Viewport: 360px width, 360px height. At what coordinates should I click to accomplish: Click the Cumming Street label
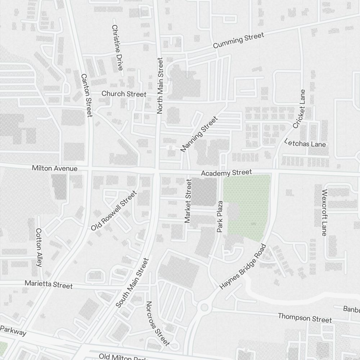(x=238, y=40)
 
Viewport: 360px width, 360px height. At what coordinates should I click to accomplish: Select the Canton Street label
(x=87, y=95)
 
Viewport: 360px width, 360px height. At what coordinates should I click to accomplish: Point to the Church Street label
(x=124, y=94)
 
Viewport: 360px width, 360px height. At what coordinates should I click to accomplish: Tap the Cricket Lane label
(x=299, y=109)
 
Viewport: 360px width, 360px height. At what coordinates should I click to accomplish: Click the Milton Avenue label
(x=55, y=168)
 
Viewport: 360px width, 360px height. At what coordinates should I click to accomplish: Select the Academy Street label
(x=226, y=173)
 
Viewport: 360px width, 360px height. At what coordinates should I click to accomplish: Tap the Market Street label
(x=188, y=201)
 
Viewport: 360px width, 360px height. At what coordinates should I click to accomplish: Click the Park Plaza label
(x=220, y=216)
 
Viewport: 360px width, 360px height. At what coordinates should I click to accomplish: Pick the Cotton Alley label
(x=39, y=248)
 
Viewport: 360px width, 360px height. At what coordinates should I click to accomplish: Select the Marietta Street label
(x=49, y=284)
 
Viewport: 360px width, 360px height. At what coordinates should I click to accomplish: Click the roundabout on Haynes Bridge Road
(x=204, y=307)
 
